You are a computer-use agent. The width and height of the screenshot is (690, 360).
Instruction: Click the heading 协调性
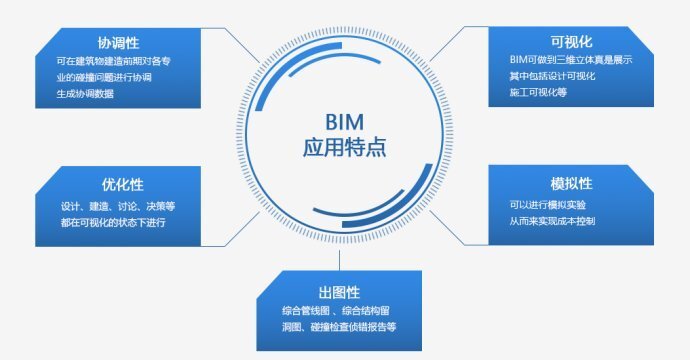point(118,43)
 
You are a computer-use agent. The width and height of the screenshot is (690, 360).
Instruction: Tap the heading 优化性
point(122,185)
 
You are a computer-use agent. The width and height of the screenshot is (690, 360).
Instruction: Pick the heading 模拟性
point(572,184)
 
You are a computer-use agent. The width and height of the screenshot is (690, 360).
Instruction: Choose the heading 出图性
point(339,292)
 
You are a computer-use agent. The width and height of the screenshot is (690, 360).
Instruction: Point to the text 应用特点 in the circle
point(343,149)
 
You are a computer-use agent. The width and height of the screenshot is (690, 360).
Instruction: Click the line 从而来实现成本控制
point(555,220)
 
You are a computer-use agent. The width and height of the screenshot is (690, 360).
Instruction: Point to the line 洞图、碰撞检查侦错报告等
point(339,327)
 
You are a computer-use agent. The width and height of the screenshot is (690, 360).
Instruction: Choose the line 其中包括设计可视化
point(552,77)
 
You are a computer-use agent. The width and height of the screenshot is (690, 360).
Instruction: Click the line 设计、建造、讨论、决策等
point(117,206)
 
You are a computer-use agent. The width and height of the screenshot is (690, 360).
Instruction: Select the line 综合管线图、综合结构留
point(336,312)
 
